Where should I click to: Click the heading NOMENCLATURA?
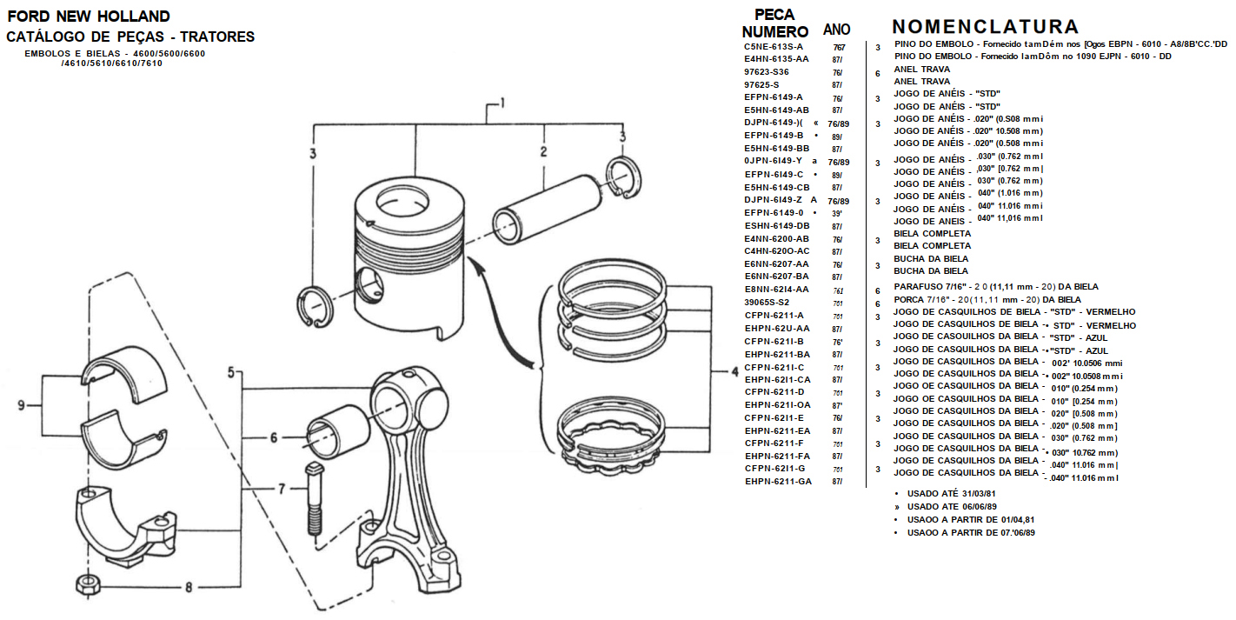pyautogui.click(x=985, y=27)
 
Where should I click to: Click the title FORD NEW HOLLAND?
pyautogui.click(x=88, y=17)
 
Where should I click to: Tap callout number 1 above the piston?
pyautogui.click(x=502, y=104)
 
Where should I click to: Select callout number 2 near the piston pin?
pyautogui.click(x=543, y=151)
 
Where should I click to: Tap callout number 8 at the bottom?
pyautogui.click(x=188, y=587)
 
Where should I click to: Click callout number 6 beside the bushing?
pyautogui.click(x=273, y=437)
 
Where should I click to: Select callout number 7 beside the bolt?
pyautogui.click(x=281, y=489)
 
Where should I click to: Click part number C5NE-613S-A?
pyautogui.click(x=774, y=46)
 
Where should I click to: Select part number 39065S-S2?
pyautogui.click(x=767, y=302)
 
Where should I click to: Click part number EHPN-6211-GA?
pyautogui.click(x=777, y=481)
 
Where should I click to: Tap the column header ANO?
pyautogui.click(x=836, y=30)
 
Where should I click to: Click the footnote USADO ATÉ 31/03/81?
pyautogui.click(x=951, y=494)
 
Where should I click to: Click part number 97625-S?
pyautogui.click(x=761, y=84)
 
